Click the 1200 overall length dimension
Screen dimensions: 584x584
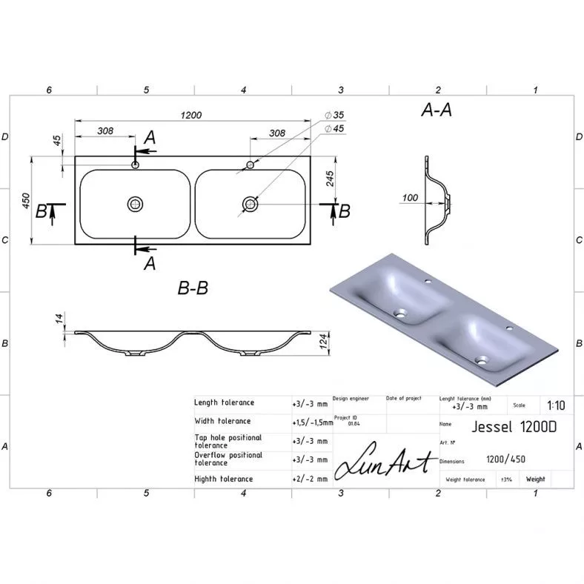point(191,115)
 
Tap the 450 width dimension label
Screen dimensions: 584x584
point(26,201)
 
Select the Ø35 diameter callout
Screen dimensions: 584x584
point(334,115)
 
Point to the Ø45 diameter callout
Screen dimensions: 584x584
point(334,129)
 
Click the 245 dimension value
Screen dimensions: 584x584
point(330,179)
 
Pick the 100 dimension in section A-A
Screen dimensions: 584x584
point(410,198)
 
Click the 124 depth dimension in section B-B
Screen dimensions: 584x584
point(324,342)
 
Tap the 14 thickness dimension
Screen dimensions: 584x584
point(59,319)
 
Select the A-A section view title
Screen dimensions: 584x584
point(437,110)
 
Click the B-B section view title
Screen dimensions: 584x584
point(193,288)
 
